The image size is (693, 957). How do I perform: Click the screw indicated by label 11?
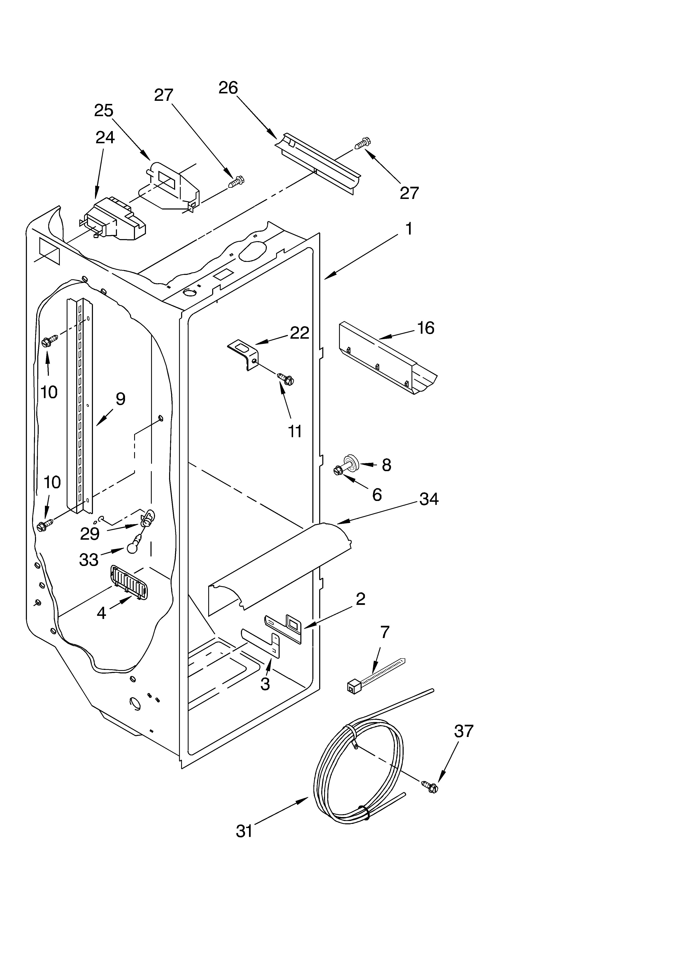pos(286,378)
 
